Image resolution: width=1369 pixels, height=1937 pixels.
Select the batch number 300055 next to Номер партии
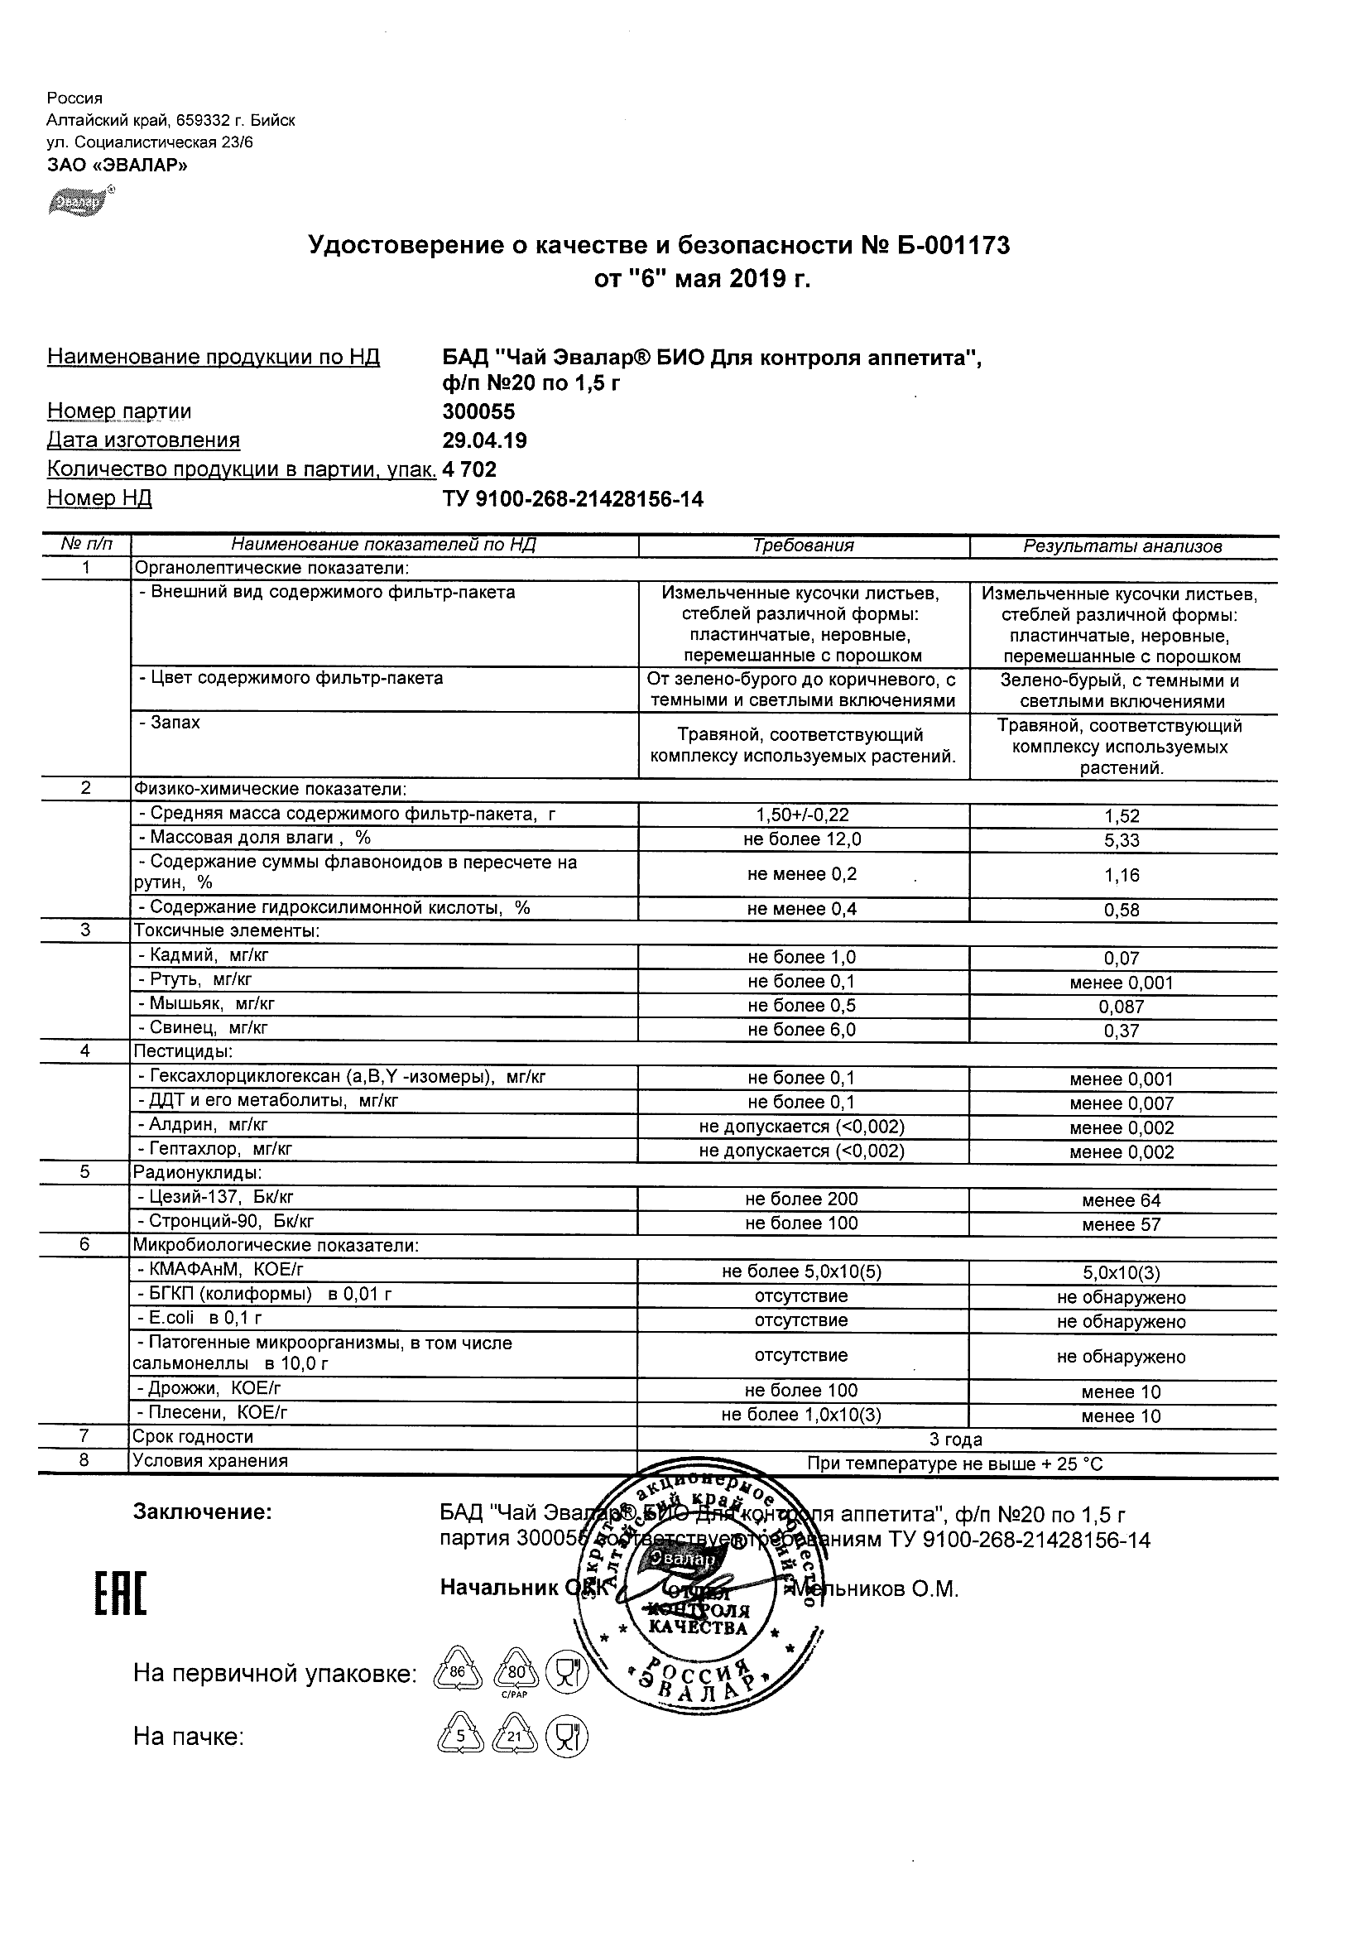pyautogui.click(x=478, y=411)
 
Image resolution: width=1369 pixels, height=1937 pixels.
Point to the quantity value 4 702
pyautogui.click(x=470, y=469)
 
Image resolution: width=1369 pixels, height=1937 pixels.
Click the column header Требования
pyautogui.click(x=803, y=546)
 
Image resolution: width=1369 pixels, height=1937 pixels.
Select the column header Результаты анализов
pyautogui.click(x=1122, y=546)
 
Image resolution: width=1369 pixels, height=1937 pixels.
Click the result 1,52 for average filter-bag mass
pyautogui.click(x=1122, y=816)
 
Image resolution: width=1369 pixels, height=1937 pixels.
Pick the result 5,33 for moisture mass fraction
pyautogui.click(x=1122, y=840)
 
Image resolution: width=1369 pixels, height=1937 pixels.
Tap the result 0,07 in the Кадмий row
pyautogui.click(x=1122, y=959)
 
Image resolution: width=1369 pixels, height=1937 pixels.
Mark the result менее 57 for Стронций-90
pyautogui.click(x=1122, y=1224)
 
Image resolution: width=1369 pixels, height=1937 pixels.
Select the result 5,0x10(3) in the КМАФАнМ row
pyautogui.click(x=1122, y=1273)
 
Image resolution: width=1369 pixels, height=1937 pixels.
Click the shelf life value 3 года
pyautogui.click(x=956, y=1440)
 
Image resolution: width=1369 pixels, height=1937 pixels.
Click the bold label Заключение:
pyautogui.click(x=203, y=1512)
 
